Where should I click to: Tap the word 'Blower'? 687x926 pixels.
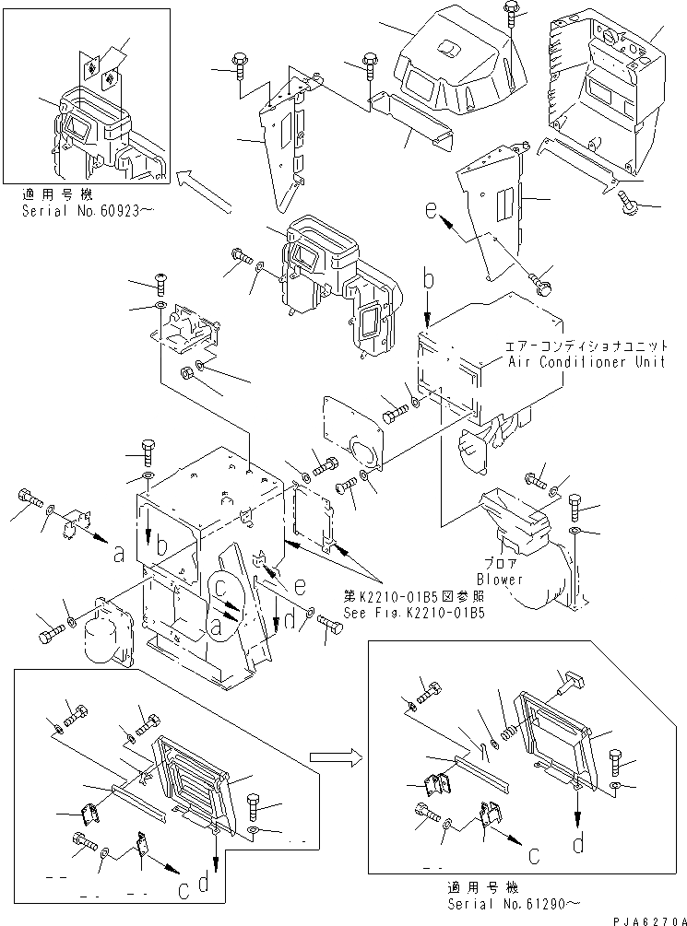pyautogui.click(x=501, y=580)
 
